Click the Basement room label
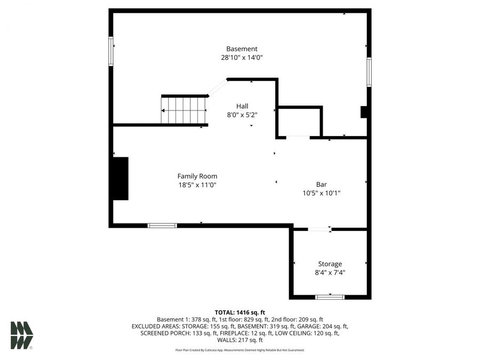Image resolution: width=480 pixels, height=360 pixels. pos(242,49)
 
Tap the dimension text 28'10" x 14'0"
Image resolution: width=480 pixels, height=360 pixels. pos(242,58)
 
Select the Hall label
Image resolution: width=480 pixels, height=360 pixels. pos(242,106)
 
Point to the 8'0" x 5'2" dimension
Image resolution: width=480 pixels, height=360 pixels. pos(242,115)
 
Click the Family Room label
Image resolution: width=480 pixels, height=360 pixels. pos(197,176)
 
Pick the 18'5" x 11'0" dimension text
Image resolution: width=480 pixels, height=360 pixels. pos(197,185)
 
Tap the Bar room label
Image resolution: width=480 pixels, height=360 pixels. pos(321,185)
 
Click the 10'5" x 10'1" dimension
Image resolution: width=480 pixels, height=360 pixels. pos(321,194)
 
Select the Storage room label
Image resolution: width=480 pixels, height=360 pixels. pos(330,263)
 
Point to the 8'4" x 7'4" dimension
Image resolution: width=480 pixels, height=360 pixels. pos(330,273)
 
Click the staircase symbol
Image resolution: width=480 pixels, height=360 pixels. pos(184,110)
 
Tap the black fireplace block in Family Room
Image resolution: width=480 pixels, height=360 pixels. pos(121,179)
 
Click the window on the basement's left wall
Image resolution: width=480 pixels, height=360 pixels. pos(111,51)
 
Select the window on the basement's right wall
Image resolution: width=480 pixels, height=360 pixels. pos(369,73)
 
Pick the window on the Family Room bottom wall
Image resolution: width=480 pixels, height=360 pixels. pos(162,226)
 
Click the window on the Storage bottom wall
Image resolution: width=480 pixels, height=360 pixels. pos(330,297)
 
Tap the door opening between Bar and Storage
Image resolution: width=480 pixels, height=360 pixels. pos(319,229)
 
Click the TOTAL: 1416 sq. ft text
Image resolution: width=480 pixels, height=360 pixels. pos(240,312)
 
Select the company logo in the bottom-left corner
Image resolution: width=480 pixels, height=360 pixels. pos(22,335)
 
